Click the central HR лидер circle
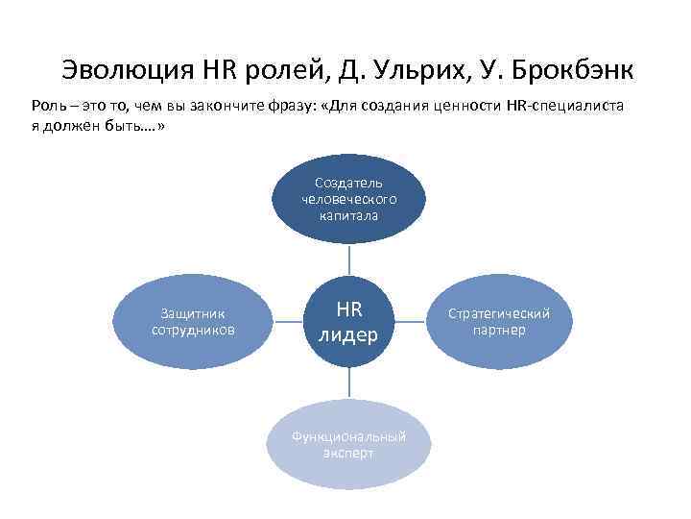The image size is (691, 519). [348, 322]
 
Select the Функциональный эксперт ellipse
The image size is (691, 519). [348, 443]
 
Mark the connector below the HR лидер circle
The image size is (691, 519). [348, 384]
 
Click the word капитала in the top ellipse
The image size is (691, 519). [348, 216]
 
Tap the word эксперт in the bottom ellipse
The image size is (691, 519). [348, 453]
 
